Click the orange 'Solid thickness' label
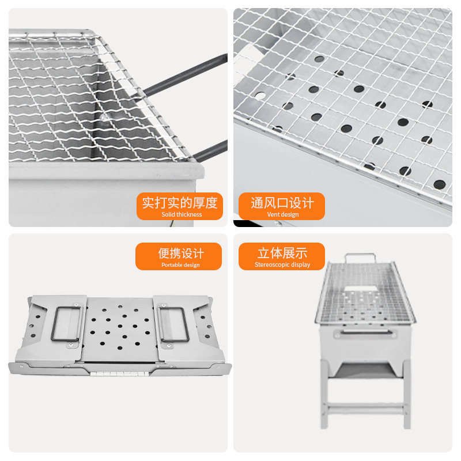(180, 206)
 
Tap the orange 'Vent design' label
(282, 206)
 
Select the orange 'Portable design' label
(179, 256)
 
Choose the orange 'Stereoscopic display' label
(282, 256)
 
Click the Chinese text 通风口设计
(282, 203)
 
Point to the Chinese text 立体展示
(282, 253)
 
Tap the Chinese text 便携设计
(181, 254)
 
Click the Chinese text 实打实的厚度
(180, 203)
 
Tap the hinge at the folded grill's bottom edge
(120, 373)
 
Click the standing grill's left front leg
(324, 394)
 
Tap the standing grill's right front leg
(407, 394)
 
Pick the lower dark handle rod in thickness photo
(210, 150)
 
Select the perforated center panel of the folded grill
(119, 329)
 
